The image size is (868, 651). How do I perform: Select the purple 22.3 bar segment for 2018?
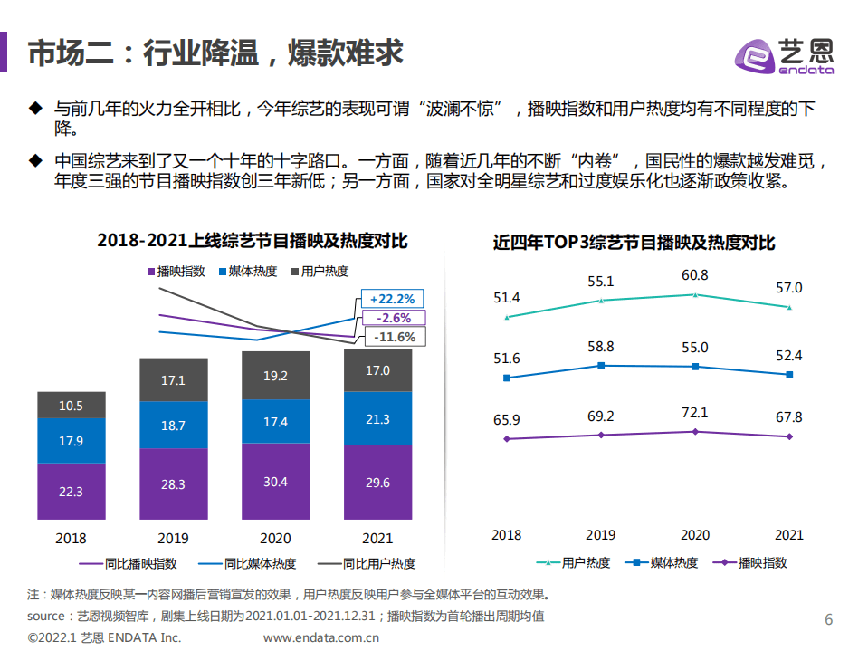[x=71, y=492]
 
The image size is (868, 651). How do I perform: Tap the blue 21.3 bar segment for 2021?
[x=378, y=418]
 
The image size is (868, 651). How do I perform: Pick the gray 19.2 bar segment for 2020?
[x=275, y=375]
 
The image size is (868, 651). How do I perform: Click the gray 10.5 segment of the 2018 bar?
[x=71, y=405]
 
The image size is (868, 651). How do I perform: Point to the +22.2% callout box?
[x=391, y=299]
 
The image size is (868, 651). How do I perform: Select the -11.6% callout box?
[x=393, y=337]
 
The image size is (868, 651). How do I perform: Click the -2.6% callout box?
[x=391, y=318]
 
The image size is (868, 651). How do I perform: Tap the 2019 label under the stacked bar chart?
[x=173, y=537]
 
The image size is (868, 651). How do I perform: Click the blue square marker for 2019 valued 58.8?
[x=600, y=366]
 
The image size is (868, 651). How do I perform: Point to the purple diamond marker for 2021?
[x=789, y=436]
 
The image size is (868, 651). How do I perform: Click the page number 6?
[x=827, y=620]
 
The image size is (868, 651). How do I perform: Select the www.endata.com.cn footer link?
[x=320, y=637]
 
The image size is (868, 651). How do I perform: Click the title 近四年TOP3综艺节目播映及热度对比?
[x=634, y=243]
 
